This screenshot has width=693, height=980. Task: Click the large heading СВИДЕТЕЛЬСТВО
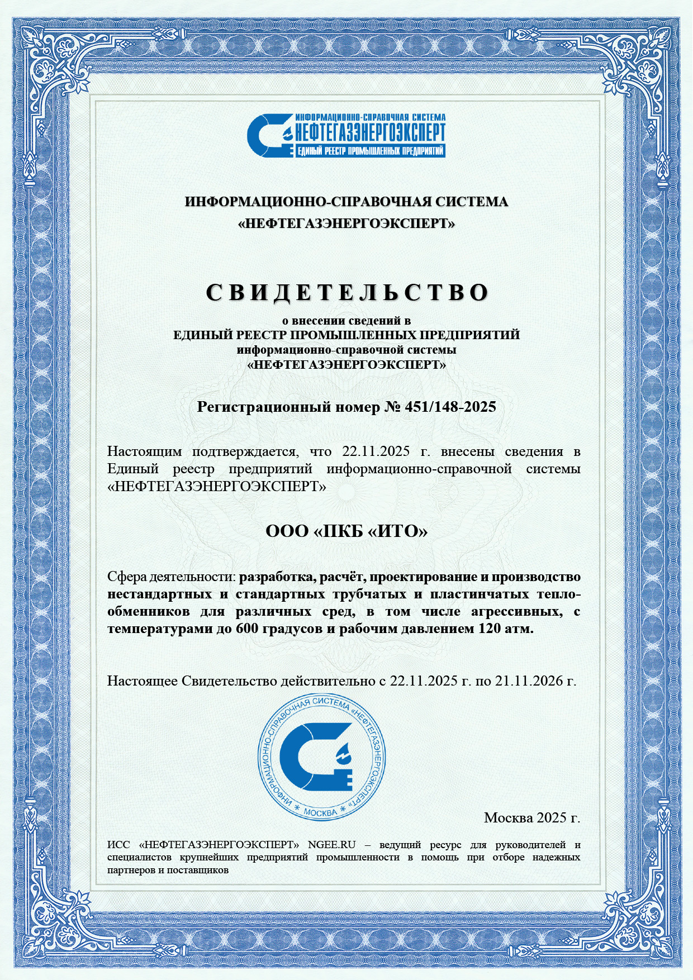(x=346, y=292)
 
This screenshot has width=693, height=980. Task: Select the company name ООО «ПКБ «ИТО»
(x=346, y=531)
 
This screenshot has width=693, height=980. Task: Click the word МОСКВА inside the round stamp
(x=320, y=811)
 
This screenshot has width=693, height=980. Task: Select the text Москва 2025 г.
(x=531, y=818)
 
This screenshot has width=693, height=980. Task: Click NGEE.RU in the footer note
(x=331, y=844)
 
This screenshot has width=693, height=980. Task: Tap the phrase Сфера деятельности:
(x=172, y=577)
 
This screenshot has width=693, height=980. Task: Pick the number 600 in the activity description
(x=248, y=629)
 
